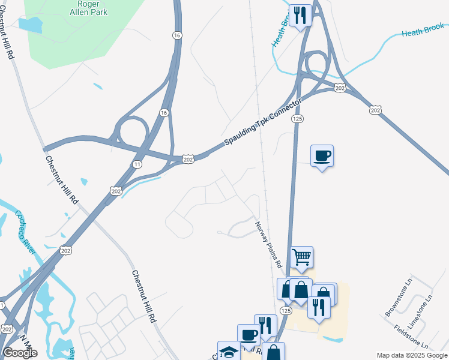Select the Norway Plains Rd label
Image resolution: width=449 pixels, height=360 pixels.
(268, 244)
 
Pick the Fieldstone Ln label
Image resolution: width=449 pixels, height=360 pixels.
(411, 337)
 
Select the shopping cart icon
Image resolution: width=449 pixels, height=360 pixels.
(302, 257)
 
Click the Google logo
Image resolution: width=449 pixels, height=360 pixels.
(20, 353)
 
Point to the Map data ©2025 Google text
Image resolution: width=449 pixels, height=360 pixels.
(412, 355)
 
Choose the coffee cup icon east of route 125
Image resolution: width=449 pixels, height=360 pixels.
(322, 156)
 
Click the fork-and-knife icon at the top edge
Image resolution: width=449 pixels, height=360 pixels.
(299, 14)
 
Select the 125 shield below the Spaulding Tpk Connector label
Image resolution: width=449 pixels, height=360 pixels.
(298, 119)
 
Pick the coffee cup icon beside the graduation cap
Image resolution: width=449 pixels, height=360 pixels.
(249, 335)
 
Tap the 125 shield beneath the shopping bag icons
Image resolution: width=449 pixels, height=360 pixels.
(286, 310)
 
